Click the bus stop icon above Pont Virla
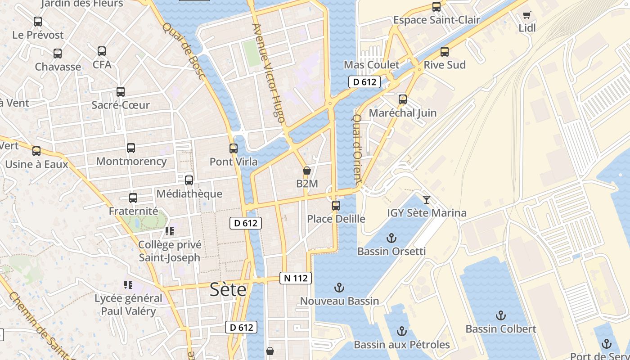pyautogui.click(x=233, y=148)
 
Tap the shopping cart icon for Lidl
pyautogui.click(x=526, y=15)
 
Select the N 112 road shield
pyautogui.click(x=296, y=278)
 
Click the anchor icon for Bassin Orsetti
pyautogui.click(x=391, y=238)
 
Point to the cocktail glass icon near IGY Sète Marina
pyautogui.click(x=427, y=199)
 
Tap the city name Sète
pyautogui.click(x=228, y=290)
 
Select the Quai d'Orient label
pyautogui.click(x=357, y=149)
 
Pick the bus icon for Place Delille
pyautogui.click(x=336, y=206)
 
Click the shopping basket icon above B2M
pyautogui.click(x=307, y=171)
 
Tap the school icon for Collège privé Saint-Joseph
pyautogui.click(x=170, y=231)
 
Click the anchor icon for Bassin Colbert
pyautogui.click(x=500, y=315)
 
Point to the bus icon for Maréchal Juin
pyautogui.click(x=403, y=99)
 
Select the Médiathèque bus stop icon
pyautogui.click(x=189, y=180)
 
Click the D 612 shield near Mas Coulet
pyautogui.click(x=364, y=82)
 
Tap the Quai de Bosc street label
pyautogui.click(x=184, y=51)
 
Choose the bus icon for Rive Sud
pyautogui.click(x=445, y=52)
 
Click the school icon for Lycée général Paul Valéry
pyautogui.click(x=128, y=284)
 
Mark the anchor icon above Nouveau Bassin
pyautogui.click(x=339, y=288)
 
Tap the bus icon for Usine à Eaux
pyautogui.click(x=36, y=151)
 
